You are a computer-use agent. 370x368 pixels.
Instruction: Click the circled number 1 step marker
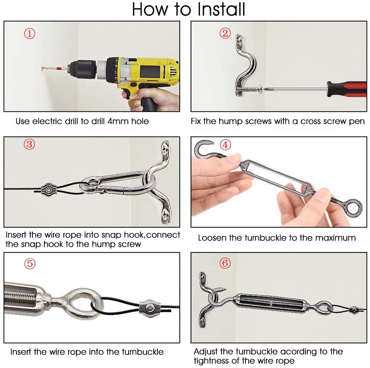coord(30,34)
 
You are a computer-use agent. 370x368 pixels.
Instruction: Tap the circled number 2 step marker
coord(225,33)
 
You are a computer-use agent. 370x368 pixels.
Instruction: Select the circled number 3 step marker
coord(29,144)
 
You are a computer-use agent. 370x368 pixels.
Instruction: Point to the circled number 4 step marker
coord(225,145)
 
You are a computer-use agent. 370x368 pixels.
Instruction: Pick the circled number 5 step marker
coord(30,263)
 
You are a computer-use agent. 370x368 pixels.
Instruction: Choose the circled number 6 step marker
coord(225,263)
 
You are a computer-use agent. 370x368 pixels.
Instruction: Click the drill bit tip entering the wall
coord(42,69)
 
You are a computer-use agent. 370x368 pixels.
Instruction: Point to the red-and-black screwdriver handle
coord(347,89)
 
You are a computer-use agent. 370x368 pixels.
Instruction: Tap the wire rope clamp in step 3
coord(48,190)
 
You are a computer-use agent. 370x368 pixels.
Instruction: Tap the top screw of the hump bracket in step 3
coord(165,148)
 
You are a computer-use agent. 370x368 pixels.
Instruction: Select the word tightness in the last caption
coord(210,361)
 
